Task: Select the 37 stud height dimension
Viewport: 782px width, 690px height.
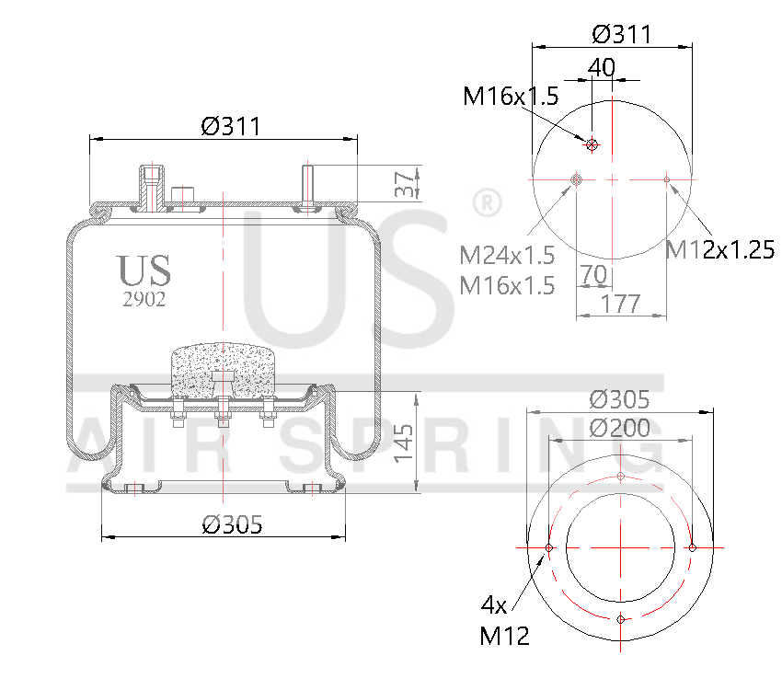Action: point(403,182)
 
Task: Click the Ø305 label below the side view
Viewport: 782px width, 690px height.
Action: point(232,524)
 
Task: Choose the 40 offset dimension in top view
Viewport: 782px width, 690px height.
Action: point(601,68)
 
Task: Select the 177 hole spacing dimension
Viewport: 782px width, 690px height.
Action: point(621,304)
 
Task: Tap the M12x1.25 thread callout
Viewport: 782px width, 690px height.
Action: point(720,248)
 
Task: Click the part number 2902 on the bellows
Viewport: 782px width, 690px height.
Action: point(144,299)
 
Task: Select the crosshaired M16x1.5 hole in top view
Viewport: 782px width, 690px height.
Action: point(592,144)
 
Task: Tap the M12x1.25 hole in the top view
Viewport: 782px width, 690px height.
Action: point(667,179)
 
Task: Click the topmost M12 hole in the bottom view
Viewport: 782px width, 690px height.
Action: point(621,477)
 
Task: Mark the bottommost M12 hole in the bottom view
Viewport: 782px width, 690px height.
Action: point(621,619)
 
